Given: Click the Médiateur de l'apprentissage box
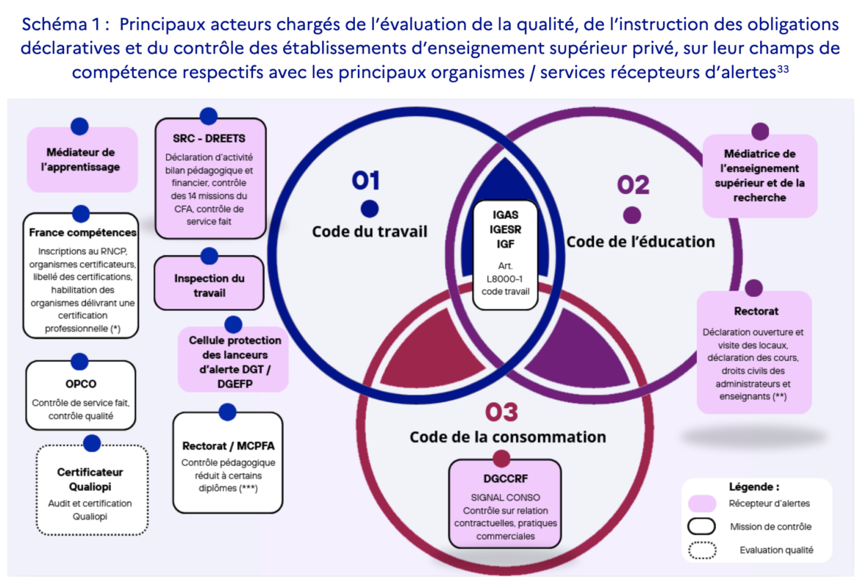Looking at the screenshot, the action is coord(82,160).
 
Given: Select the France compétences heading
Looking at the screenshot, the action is coord(82,232).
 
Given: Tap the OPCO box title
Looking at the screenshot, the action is coord(81,384).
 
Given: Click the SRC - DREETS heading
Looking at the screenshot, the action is coord(209,139).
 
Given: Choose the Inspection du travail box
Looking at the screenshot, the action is coord(209,283).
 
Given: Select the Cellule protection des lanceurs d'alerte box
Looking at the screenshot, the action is coord(233,359).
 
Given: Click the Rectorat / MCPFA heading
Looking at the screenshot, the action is coord(228,446).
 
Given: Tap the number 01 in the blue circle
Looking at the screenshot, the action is coord(366,180).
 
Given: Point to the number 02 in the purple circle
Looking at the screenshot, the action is coord(634,184).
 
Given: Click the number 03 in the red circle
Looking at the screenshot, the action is coord(501,412).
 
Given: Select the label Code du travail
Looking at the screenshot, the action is coord(370,232).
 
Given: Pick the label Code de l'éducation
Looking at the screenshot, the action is coord(641,241).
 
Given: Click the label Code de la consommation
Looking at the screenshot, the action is coord(508,437).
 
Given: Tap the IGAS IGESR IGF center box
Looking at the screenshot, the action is coord(505,255).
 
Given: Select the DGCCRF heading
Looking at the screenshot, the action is coord(505,479).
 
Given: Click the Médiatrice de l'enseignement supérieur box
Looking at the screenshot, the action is coord(760,176).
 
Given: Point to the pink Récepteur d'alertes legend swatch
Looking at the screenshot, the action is coord(702,503).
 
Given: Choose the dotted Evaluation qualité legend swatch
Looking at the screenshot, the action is coord(702,550).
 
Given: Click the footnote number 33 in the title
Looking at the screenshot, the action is coord(783,68).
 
